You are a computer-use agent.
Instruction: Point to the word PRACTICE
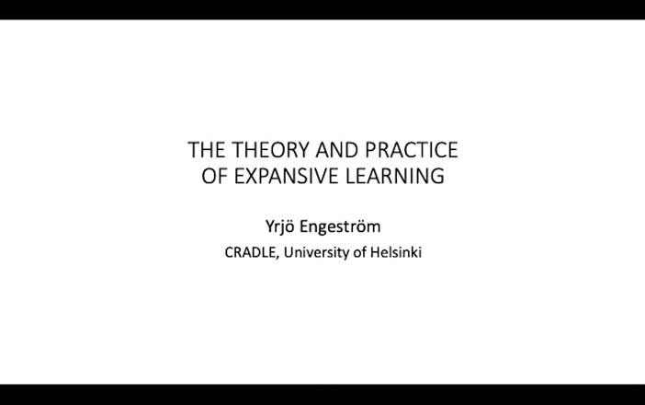click(x=411, y=150)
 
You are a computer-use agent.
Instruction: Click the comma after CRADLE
click(x=278, y=255)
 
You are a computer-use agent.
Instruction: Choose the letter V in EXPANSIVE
click(x=321, y=176)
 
